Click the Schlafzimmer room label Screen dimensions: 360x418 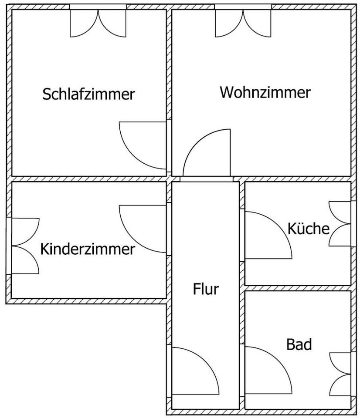88,94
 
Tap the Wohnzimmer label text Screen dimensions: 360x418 265,92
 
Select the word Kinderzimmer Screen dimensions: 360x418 87,249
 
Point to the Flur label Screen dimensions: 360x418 206,289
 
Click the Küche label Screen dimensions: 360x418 308,228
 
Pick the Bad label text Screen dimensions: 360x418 299,344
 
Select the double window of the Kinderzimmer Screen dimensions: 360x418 24,246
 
